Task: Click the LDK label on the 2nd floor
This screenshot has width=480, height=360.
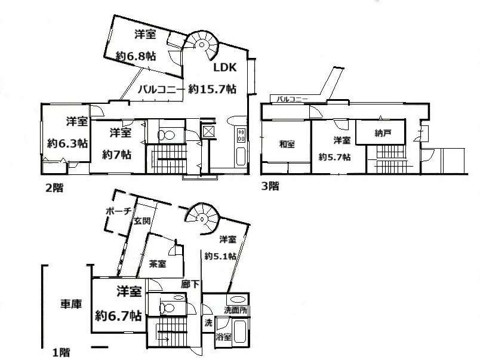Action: pyautogui.click(x=224, y=67)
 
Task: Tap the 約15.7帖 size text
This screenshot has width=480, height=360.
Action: pyautogui.click(x=212, y=89)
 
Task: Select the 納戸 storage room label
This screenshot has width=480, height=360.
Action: pyautogui.click(x=383, y=133)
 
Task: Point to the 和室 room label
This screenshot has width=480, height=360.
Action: pyautogui.click(x=287, y=144)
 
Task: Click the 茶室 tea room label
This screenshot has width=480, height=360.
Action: pyautogui.click(x=158, y=263)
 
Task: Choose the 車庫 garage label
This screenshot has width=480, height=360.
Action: pyautogui.click(x=71, y=304)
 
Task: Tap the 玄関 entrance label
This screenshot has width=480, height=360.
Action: pyautogui.click(x=142, y=220)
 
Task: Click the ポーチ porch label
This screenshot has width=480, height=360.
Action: pyautogui.click(x=119, y=211)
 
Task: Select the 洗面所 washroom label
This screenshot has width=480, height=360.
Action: pyautogui.click(x=235, y=310)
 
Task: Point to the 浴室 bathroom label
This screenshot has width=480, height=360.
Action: pyautogui.click(x=223, y=337)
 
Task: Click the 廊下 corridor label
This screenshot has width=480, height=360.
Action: pyautogui.click(x=190, y=284)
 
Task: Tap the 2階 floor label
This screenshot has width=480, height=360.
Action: pyautogui.click(x=54, y=187)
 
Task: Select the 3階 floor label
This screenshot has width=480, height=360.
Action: pyautogui.click(x=270, y=186)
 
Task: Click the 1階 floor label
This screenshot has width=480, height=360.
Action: pyautogui.click(x=61, y=352)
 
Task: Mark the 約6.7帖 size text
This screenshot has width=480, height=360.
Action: pyautogui.click(x=118, y=315)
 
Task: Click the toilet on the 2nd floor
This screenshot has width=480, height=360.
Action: pyautogui.click(x=166, y=135)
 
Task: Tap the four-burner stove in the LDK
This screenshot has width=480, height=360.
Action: pyautogui.click(x=241, y=135)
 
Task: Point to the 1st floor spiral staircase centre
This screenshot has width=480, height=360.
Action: pyautogui.click(x=202, y=219)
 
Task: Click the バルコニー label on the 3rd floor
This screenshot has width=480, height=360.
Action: pyautogui.click(x=293, y=99)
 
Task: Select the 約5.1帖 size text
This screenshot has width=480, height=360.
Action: pyautogui.click(x=220, y=256)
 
